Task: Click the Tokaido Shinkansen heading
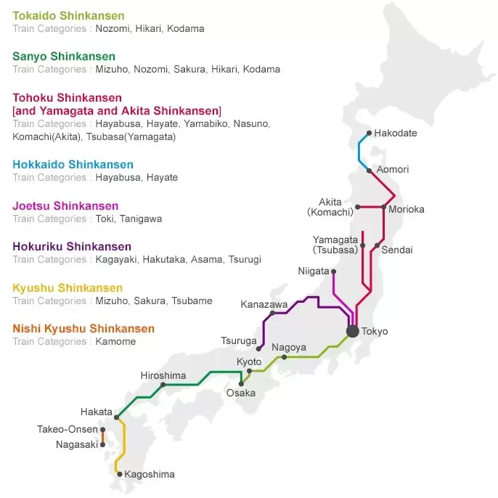(68, 16)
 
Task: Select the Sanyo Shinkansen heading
(64, 57)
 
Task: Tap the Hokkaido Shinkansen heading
(73, 165)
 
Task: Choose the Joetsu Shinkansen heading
(65, 206)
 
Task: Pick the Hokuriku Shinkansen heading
(72, 247)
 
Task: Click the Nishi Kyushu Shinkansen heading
(83, 329)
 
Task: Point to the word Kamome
(115, 341)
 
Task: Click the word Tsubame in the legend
(192, 301)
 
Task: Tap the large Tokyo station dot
(353, 331)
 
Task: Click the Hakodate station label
(396, 134)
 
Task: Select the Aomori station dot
(370, 171)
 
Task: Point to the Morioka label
(407, 209)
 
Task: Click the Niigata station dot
(333, 272)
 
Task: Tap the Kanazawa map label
(264, 304)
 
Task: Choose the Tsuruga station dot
(258, 349)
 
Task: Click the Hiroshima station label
(163, 375)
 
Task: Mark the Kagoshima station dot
(120, 475)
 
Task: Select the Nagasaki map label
(76, 444)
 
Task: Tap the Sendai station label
(397, 250)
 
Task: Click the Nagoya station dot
(284, 357)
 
